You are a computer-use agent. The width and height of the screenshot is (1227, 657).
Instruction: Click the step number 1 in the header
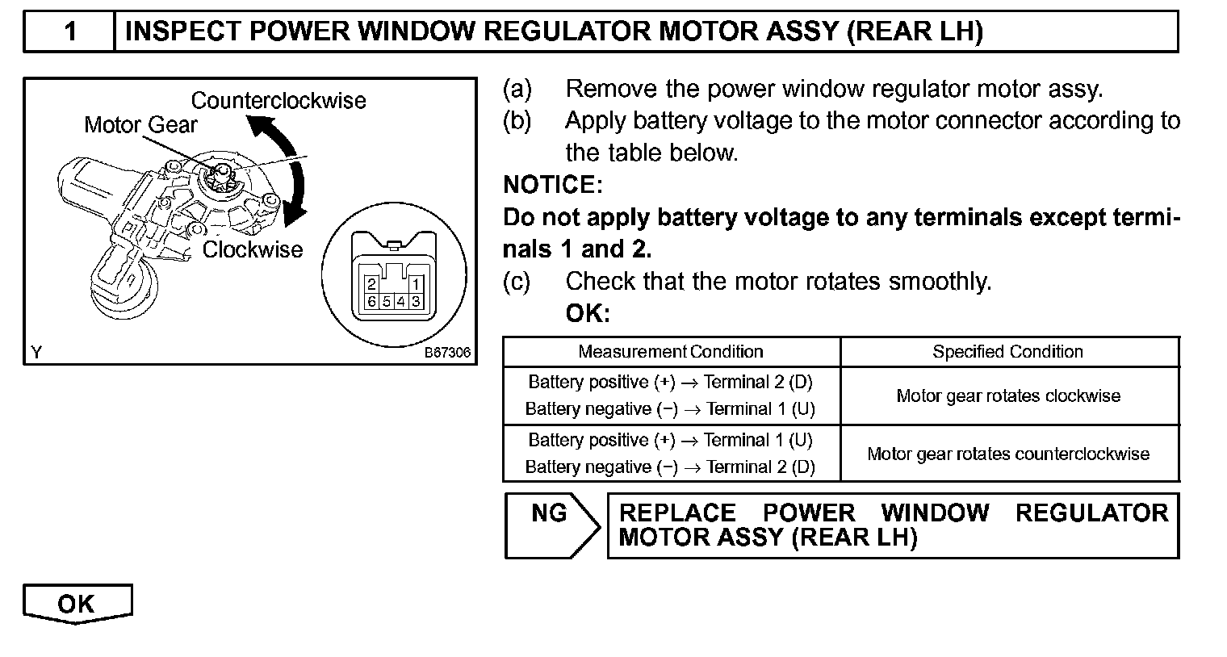pyautogui.click(x=70, y=31)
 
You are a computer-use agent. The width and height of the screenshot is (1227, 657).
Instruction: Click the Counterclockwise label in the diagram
pyautogui.click(x=278, y=101)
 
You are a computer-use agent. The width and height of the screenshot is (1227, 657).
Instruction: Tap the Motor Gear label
pyautogui.click(x=140, y=125)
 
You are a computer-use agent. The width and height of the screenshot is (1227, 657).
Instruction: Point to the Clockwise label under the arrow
pyautogui.click(x=252, y=249)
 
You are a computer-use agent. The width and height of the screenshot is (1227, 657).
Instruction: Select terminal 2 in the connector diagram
pyautogui.click(x=371, y=285)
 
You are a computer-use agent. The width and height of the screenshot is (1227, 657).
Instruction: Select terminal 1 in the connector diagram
pyautogui.click(x=415, y=285)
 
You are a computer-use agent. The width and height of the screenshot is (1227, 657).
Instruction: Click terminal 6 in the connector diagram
pyautogui.click(x=371, y=301)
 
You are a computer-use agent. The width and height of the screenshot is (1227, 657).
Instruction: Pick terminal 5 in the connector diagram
pyautogui.click(x=386, y=301)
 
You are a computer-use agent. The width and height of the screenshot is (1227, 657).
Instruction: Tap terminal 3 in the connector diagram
pyautogui.click(x=415, y=301)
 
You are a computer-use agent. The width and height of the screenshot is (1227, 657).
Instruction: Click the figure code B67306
pyautogui.click(x=447, y=353)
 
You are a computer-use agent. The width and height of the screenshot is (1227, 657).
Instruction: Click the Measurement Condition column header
pyautogui.click(x=670, y=352)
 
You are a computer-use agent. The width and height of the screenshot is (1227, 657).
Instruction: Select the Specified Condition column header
pyautogui.click(x=1007, y=352)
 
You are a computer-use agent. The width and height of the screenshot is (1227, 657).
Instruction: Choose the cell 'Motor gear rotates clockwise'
pyautogui.click(x=1008, y=396)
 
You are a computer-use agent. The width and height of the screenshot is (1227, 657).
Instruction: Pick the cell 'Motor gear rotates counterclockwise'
pyautogui.click(x=1008, y=454)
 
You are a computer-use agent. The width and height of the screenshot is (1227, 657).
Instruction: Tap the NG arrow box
pyautogui.click(x=551, y=525)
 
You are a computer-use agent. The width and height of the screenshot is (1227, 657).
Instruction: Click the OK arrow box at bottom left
pyautogui.click(x=77, y=604)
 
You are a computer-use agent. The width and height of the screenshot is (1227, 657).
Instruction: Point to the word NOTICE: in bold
pyautogui.click(x=552, y=186)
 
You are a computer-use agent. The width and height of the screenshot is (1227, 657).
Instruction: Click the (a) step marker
pyautogui.click(x=517, y=89)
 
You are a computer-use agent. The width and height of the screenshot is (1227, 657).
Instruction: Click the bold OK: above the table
pyautogui.click(x=588, y=314)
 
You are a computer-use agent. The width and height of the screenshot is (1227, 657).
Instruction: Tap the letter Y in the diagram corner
pyautogui.click(x=36, y=353)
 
